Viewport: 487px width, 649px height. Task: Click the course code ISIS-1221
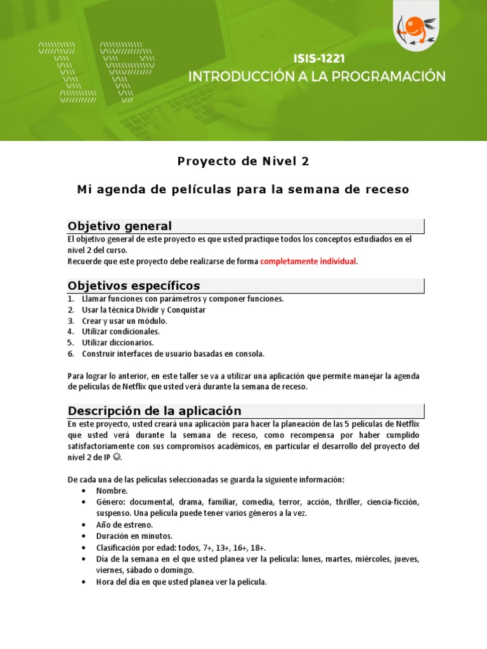[319, 59]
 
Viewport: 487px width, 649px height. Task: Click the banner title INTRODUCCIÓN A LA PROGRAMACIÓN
[317, 77]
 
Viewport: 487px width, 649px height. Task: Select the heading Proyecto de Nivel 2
[243, 161]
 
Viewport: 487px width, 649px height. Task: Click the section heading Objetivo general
[120, 226]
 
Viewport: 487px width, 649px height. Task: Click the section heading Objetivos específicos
[134, 286]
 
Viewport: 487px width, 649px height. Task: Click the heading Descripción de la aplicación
[155, 411]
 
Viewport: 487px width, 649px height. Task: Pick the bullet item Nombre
[112, 491]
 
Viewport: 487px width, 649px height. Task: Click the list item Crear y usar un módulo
[124, 321]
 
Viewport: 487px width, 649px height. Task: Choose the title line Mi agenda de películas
[243, 190]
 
